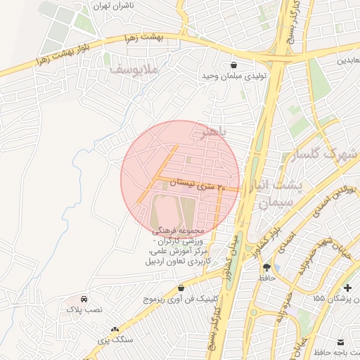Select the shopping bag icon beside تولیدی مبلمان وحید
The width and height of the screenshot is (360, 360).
(x=232, y=65)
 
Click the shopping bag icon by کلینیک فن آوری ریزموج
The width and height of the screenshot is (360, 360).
(x=181, y=288)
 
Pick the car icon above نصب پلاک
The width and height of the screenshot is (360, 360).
(x=84, y=299)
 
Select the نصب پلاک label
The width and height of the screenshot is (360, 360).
(x=84, y=309)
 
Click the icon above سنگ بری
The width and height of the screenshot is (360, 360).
(x=115, y=329)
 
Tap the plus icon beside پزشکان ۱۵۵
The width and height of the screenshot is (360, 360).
(x=348, y=288)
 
